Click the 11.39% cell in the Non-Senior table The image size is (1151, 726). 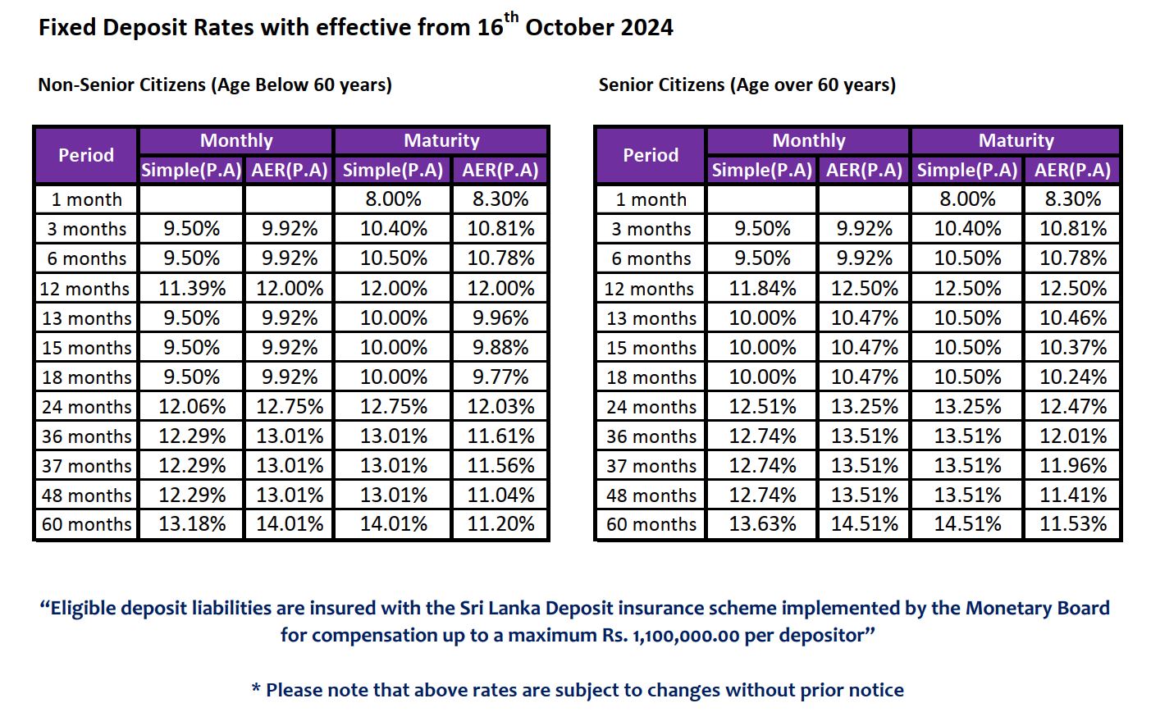click(x=192, y=289)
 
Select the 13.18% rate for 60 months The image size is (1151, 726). click(x=192, y=524)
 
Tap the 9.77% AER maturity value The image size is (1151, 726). click(x=500, y=377)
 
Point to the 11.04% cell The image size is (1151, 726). click(x=500, y=495)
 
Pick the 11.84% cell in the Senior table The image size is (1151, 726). click(x=762, y=289)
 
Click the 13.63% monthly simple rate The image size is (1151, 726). click(x=762, y=524)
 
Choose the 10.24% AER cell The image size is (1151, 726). click(x=1073, y=377)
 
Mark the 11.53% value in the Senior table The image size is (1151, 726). click(x=1073, y=524)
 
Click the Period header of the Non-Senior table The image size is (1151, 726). click(x=86, y=155)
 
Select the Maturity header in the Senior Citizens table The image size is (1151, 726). click(x=1016, y=140)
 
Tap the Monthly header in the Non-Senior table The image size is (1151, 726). click(x=236, y=140)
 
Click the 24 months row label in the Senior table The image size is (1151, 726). click(x=651, y=407)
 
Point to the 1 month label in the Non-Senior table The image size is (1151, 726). click(x=86, y=199)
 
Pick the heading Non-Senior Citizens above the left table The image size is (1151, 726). click(x=121, y=84)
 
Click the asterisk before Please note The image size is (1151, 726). click(x=256, y=689)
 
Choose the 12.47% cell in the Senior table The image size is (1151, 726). click(x=1073, y=407)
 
